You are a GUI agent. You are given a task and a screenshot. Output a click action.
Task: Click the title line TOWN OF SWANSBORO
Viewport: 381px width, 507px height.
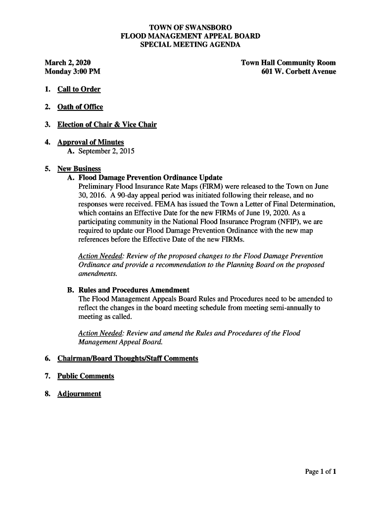tap(190, 27)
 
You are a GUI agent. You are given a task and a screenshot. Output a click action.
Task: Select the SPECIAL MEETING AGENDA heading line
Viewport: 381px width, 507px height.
tap(190, 45)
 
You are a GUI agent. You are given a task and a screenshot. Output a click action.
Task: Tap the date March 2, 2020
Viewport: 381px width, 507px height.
tap(68, 63)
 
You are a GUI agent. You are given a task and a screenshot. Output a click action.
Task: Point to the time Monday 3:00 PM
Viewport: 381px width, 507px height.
tap(72, 72)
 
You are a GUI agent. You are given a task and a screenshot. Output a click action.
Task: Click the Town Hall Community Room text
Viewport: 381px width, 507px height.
tap(288, 63)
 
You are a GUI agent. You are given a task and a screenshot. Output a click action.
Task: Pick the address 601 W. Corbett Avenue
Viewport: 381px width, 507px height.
tap(298, 72)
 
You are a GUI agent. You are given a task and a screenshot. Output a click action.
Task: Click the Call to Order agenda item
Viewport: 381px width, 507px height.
tap(79, 90)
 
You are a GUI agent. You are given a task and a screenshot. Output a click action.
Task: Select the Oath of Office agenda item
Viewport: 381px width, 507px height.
tap(80, 107)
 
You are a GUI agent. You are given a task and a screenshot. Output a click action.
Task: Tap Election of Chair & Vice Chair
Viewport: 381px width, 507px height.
tap(107, 125)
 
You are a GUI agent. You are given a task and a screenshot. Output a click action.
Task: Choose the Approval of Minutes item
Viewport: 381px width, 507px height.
tap(91, 143)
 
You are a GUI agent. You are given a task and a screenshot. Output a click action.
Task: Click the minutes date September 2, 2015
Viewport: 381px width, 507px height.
tap(106, 151)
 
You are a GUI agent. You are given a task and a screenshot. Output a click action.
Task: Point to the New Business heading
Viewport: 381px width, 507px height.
tap(79, 169)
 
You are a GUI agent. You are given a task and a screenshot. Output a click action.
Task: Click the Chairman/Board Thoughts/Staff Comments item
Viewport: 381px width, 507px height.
tap(128, 358)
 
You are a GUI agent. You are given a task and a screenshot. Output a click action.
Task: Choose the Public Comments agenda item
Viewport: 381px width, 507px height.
tap(86, 376)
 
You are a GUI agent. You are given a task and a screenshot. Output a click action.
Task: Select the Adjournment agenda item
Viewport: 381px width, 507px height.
tap(79, 394)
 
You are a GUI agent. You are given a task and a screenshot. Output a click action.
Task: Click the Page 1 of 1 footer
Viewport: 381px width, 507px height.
tap(320, 472)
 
